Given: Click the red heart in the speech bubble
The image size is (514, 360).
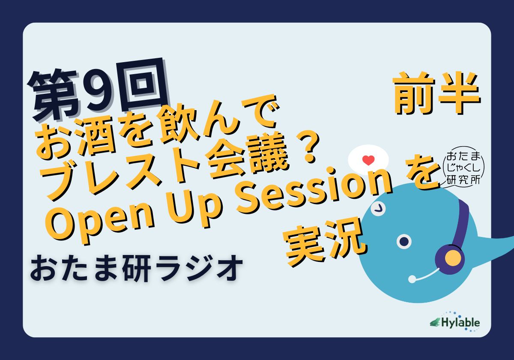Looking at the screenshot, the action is click(368, 160).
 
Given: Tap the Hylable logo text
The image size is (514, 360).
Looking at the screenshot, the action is click(460, 323).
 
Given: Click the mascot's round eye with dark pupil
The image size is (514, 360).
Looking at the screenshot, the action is click(404, 241).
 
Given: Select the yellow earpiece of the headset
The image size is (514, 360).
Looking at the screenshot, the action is click(453, 258).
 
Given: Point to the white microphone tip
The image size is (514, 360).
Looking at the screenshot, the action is click(412, 279).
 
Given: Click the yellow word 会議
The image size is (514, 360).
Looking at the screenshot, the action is click(247, 159).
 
